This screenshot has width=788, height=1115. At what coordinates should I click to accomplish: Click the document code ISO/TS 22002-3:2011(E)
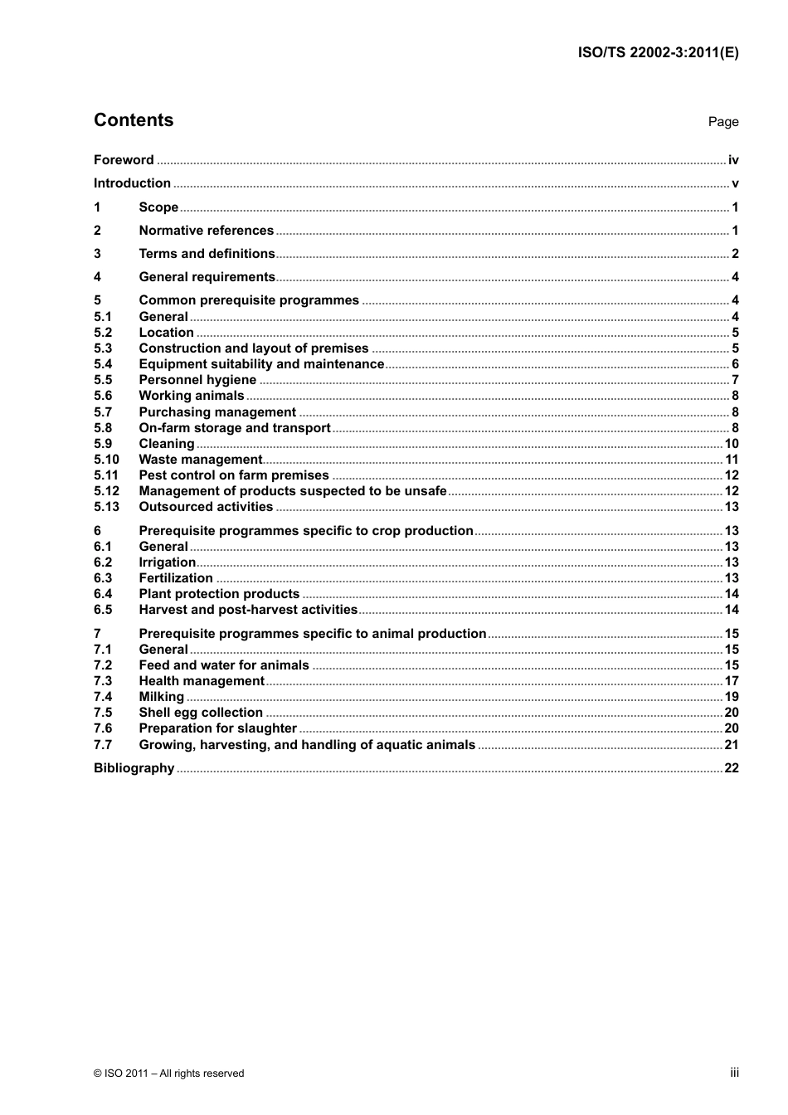[658, 52]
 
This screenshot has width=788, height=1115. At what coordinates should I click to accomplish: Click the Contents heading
[134, 120]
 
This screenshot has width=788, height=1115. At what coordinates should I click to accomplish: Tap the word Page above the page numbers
[722, 122]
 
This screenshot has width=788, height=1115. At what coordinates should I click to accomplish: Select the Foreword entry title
[124, 160]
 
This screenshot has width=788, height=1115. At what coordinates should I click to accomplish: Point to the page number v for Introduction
[735, 183]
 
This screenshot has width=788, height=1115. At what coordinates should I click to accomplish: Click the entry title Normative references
[206, 231]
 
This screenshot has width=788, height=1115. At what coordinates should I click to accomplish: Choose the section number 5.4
[103, 364]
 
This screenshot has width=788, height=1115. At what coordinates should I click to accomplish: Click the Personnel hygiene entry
[197, 380]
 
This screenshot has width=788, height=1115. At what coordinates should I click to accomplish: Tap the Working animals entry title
[192, 396]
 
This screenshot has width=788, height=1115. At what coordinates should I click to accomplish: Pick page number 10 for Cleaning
[731, 444]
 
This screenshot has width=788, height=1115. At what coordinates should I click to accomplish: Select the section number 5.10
[106, 460]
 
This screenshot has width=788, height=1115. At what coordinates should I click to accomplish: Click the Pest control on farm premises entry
[234, 475]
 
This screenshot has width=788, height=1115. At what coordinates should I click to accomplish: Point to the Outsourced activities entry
[206, 507]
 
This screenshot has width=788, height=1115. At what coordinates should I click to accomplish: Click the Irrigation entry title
[167, 562]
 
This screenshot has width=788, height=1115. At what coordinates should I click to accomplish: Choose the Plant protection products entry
[219, 594]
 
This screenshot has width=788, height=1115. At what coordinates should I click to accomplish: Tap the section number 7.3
[103, 681]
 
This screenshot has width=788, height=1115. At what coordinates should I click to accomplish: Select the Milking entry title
[161, 697]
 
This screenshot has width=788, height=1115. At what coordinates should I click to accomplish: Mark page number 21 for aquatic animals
[731, 745]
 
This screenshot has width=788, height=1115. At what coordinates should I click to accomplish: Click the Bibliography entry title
[134, 768]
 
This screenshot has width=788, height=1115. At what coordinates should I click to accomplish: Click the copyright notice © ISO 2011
[168, 1074]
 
